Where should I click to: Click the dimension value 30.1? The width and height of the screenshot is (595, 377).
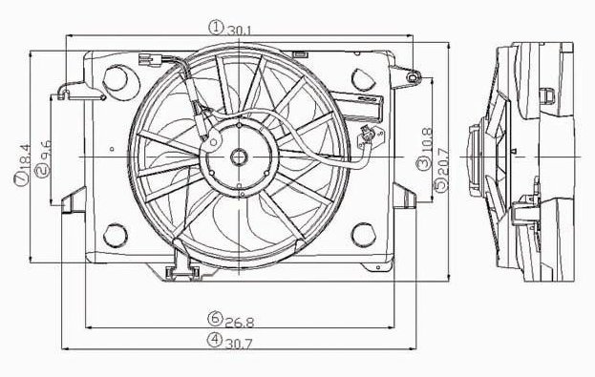(x=239, y=31)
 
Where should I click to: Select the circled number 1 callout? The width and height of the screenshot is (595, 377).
(x=216, y=28)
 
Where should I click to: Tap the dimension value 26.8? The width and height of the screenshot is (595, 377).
(x=239, y=323)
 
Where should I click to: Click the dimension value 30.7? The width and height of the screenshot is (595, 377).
(x=239, y=344)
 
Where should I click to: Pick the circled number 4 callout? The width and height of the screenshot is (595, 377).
(x=215, y=339)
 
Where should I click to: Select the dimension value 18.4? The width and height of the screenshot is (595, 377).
(x=23, y=156)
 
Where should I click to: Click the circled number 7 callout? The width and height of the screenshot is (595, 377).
(x=21, y=178)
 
